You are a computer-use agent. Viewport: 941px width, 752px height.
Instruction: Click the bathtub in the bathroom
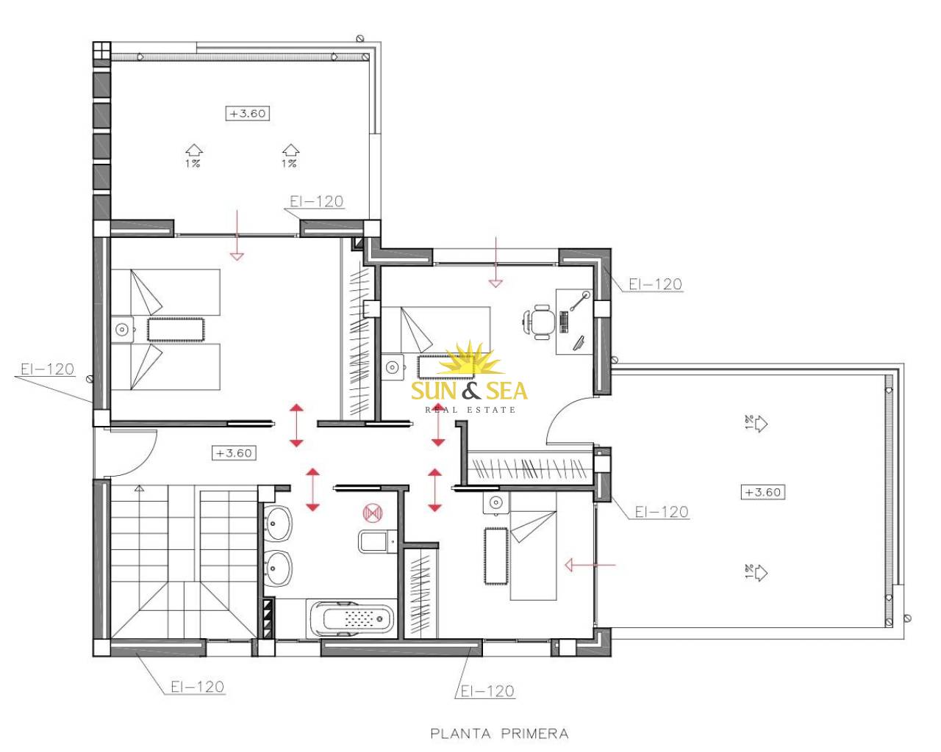351,619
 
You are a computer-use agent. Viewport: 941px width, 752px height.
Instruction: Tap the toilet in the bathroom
377,541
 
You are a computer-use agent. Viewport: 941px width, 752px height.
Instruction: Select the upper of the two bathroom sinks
278,523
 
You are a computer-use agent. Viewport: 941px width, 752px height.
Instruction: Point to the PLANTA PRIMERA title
499,733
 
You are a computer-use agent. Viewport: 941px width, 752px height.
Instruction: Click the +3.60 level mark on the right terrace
762,492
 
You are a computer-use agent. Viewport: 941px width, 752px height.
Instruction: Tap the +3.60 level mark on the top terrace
248,113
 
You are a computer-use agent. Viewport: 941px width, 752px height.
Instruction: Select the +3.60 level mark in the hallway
234,452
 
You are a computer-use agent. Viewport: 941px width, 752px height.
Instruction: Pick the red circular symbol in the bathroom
373,513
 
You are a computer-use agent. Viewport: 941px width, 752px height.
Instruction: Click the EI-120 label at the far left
48,369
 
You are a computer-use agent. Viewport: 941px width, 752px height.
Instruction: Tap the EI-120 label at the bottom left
198,687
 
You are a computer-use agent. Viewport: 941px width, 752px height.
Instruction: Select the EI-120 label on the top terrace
317,201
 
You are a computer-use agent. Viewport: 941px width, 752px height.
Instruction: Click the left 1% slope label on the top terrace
193,164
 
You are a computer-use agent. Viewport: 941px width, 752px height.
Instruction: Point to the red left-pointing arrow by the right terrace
590,565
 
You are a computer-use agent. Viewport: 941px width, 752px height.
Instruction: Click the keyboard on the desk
564,322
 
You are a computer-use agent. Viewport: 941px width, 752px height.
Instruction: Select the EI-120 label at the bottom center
487,691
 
